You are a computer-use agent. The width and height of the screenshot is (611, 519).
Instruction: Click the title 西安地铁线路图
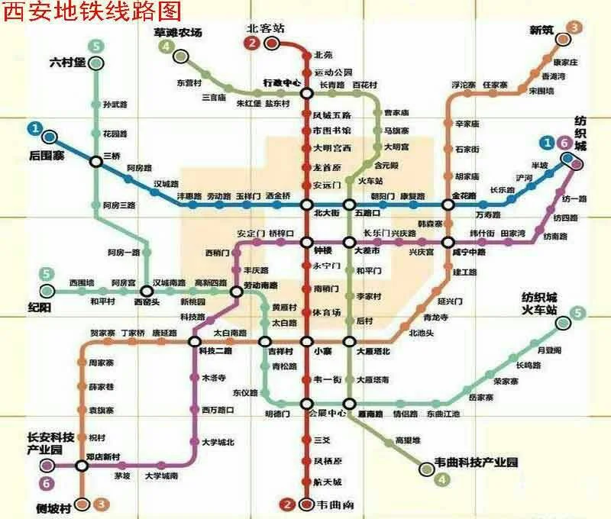pos(93,11)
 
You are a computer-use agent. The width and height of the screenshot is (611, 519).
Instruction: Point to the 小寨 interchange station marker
pos(306,341)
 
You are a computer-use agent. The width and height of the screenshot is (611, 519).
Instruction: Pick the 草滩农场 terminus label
pos(178,34)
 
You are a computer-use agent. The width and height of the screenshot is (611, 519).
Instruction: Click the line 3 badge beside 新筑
pos(574,28)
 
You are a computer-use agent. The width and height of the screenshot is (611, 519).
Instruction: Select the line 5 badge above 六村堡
pos(95,46)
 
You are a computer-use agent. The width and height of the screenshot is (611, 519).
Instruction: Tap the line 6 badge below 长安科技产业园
pos(47,482)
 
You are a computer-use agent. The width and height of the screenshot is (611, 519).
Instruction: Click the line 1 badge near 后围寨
pos(34,127)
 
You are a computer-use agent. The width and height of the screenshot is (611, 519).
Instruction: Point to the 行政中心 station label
pos(283,82)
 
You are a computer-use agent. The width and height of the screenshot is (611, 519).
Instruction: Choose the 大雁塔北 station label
pos(373,351)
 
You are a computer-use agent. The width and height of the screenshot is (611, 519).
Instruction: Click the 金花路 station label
pos(464,196)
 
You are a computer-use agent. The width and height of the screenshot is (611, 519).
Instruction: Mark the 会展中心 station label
pos(328,413)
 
